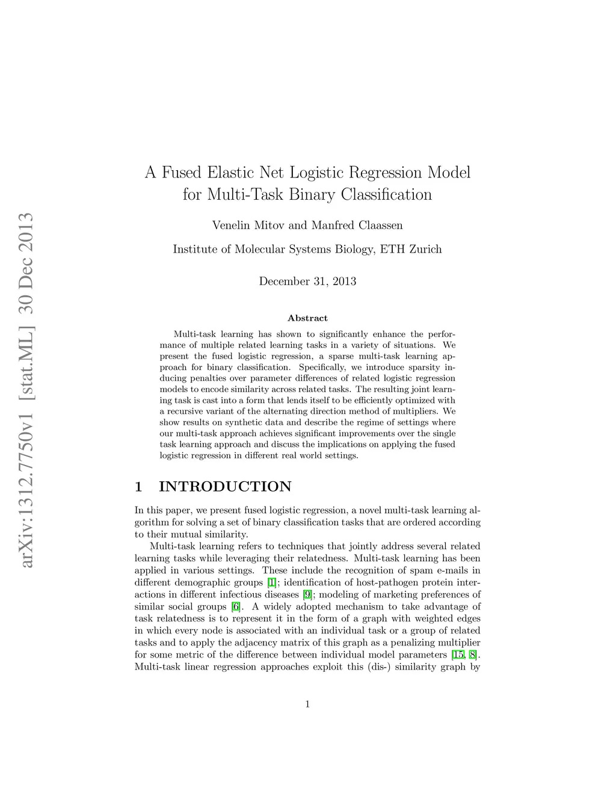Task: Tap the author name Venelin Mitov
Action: pos(247,226)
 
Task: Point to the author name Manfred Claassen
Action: pos(357,226)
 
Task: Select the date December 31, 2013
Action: pos(307,281)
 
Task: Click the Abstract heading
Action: pos(307,318)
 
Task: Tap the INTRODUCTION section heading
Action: pos(225,487)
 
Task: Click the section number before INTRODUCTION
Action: pos(138,487)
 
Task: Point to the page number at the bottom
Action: pos(307,704)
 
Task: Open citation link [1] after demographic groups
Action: pos(272,582)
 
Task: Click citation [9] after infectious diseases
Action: pos(307,594)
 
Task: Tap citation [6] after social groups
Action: pos(236,606)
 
